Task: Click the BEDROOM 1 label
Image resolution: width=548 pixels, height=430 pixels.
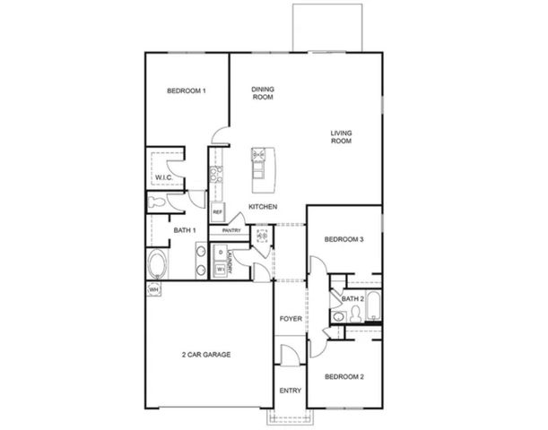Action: tap(187, 91)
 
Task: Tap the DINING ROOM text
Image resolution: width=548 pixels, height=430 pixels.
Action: tap(262, 92)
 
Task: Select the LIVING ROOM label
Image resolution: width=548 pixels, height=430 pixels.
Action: tap(340, 136)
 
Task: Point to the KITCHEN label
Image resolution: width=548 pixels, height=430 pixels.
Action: tap(263, 208)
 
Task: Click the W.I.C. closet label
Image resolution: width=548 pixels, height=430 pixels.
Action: tap(163, 178)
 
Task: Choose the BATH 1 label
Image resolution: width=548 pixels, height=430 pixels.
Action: tap(185, 230)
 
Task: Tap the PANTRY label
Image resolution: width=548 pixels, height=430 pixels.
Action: tap(231, 230)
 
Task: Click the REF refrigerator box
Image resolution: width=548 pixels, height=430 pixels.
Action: tap(217, 212)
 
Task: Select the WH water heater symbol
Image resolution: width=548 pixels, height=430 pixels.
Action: tap(153, 290)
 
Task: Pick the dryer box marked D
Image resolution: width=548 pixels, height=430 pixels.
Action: tap(220, 254)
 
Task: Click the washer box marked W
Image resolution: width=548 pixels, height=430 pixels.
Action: tap(220, 269)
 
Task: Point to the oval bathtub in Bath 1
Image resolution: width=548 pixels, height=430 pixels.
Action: tap(157, 265)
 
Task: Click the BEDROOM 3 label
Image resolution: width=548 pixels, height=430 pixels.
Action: tap(344, 239)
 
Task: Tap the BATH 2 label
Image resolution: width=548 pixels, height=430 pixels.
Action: tap(352, 297)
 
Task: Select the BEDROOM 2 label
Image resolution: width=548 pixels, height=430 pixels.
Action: tap(344, 376)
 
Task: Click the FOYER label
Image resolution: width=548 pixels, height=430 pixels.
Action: tap(290, 318)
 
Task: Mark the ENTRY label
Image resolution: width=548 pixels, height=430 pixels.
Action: tap(290, 391)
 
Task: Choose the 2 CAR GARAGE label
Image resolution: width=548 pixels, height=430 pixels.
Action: tap(207, 355)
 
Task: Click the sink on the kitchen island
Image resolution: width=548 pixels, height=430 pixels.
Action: tap(260, 155)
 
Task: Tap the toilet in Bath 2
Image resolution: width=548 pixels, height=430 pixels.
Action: tap(354, 313)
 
